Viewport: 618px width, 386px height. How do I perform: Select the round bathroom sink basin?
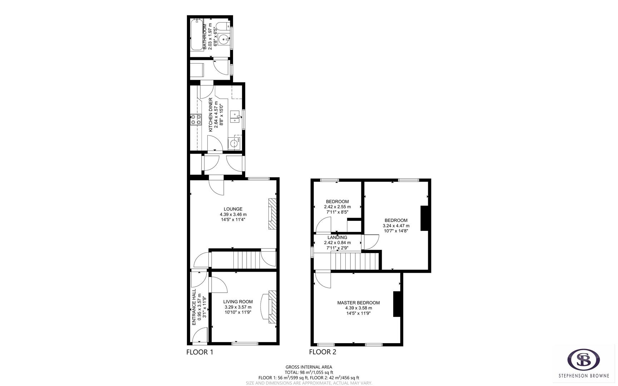pos(224,39)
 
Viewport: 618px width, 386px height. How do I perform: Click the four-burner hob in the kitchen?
pos(196,119)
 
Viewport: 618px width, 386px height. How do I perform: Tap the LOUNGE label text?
pos(233,209)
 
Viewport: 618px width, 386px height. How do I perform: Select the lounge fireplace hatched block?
pos(272,213)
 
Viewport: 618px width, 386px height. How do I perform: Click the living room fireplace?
pos(272,307)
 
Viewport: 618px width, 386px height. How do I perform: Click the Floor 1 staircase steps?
pos(246,259)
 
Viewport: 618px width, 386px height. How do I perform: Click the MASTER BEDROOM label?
pos(359,303)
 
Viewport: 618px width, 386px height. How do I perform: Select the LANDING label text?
pos(337,237)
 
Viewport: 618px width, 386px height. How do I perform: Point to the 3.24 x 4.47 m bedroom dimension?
pos(396,226)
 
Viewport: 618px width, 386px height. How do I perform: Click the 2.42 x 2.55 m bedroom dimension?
pos(337,207)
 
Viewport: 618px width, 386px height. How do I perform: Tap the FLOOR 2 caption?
pos(322,352)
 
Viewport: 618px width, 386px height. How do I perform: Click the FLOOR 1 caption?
pos(200,352)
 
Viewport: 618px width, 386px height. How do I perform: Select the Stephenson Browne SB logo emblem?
pos(584,360)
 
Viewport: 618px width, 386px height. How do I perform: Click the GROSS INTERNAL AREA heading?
pos(309,367)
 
